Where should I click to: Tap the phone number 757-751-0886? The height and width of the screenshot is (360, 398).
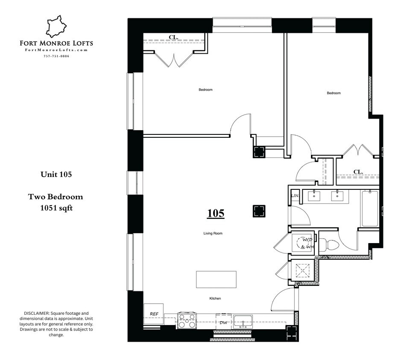click(56, 56)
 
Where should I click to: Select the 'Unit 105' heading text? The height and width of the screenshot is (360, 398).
click(56, 174)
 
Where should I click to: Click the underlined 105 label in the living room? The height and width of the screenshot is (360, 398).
click(216, 213)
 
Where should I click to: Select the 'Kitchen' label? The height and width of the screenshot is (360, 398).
click(215, 299)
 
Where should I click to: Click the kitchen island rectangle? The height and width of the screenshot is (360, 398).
click(216, 279)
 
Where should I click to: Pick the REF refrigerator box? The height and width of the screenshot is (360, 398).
click(154, 314)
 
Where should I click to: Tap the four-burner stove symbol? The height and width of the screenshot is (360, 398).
click(187, 321)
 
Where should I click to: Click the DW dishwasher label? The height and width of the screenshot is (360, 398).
click(223, 323)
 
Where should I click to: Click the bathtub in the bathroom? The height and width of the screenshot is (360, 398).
click(369, 209)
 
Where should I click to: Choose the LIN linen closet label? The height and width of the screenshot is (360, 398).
click(294, 196)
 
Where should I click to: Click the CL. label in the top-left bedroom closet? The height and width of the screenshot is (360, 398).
click(173, 37)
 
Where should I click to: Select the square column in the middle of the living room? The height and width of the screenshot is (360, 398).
click(258, 211)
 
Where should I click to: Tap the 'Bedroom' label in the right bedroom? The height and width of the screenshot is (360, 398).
click(334, 93)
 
